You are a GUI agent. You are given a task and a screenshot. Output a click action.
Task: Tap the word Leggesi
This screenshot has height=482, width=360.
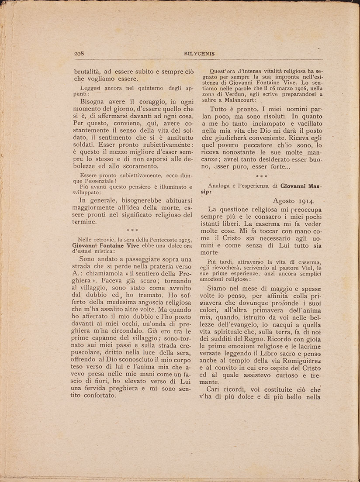point(87,87)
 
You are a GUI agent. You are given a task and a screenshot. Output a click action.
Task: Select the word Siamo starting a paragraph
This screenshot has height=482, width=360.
point(223,289)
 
